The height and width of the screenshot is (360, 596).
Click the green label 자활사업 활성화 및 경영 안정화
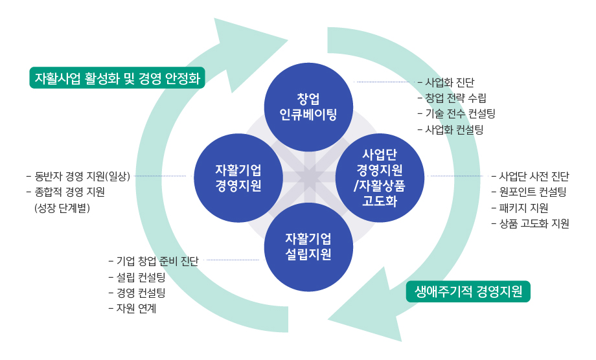click(x=117, y=78)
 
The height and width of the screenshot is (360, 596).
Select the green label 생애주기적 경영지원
click(x=468, y=291)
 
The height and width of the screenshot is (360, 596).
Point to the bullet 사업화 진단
click(x=450, y=83)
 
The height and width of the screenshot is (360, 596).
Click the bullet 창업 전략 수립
click(x=455, y=98)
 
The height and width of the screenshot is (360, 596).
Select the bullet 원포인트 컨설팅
click(x=533, y=192)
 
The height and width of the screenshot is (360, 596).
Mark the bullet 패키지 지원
click(x=523, y=208)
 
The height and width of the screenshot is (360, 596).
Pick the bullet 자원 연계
click(x=136, y=309)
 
